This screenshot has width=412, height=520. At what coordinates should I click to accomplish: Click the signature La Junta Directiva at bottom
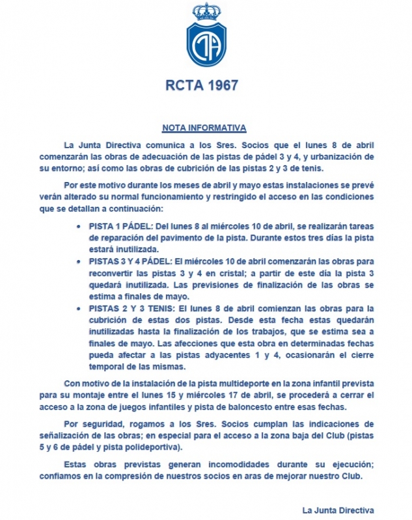(338, 509)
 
